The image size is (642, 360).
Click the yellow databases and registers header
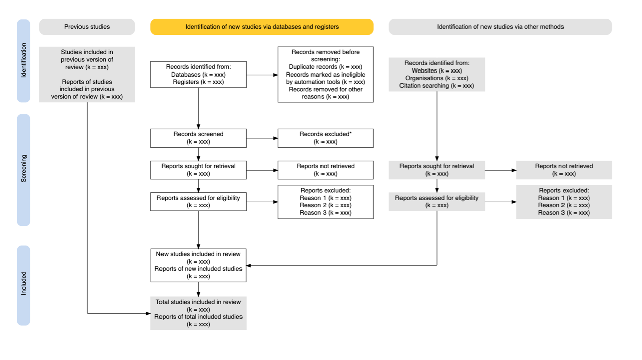point(262,27)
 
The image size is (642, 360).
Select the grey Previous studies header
point(87,27)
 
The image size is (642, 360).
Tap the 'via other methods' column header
point(500,27)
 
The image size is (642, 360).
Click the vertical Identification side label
point(24,60)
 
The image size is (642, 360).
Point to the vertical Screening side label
point(24,169)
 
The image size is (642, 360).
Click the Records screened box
point(198,138)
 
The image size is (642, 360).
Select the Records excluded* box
point(325,138)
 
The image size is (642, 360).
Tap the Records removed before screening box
point(325,74)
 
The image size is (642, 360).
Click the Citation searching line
point(436,86)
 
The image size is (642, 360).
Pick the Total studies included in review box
point(198,313)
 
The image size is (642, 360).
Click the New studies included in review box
point(198,265)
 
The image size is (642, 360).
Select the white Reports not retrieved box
point(325,170)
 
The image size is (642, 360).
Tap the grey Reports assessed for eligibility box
point(436,201)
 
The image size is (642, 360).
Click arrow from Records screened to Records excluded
point(262,138)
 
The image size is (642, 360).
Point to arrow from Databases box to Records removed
point(262,75)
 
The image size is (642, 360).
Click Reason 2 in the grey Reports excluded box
point(564,205)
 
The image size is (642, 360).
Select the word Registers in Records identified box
point(186,82)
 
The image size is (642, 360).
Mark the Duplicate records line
point(325,67)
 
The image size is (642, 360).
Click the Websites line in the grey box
point(436,71)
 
